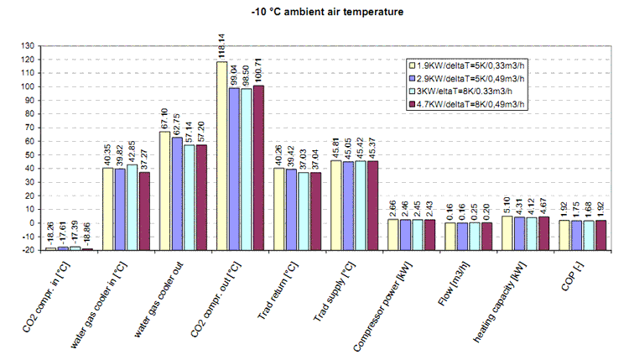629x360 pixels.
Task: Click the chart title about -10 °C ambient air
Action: [314, 13]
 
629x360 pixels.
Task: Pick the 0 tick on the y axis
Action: [32, 223]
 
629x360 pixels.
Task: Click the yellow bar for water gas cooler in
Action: [107, 209]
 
